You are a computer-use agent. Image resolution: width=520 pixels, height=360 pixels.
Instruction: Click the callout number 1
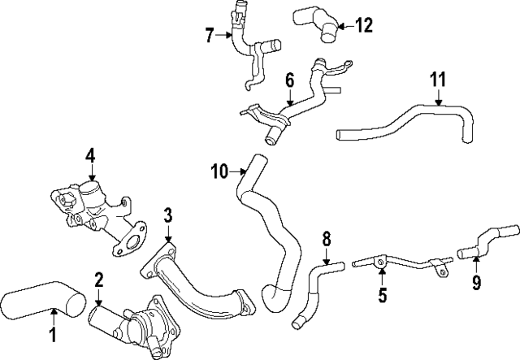coord(53,334)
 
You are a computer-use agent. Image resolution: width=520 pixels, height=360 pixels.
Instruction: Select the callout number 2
coord(98,280)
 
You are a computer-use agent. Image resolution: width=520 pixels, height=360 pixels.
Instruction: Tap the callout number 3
coord(167,215)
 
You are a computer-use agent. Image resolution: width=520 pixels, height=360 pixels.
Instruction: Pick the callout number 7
coord(210,35)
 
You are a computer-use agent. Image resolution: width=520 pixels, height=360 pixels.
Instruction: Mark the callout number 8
coord(327,238)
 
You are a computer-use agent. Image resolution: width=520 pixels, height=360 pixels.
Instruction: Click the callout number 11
coord(438,80)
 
